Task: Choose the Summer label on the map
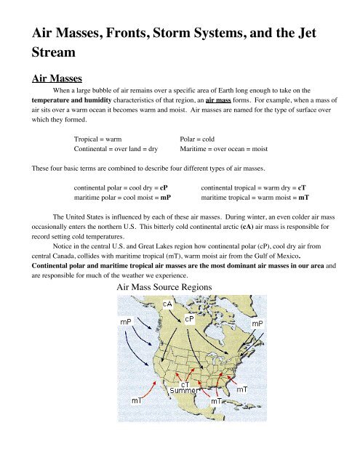tap(184, 392)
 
